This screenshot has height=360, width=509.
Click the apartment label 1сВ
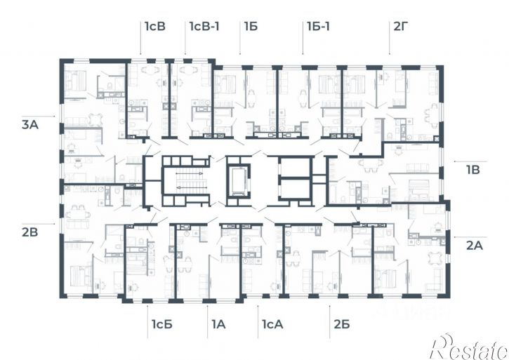(x=155, y=26)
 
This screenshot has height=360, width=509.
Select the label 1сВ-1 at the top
(x=204, y=26)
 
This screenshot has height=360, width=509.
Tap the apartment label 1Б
(x=251, y=26)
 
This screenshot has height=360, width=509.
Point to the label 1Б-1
(x=319, y=26)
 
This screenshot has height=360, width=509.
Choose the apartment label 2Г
(x=401, y=26)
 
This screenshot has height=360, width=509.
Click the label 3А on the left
(x=30, y=125)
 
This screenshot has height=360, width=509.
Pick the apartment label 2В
(x=30, y=232)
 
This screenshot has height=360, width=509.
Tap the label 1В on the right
(x=473, y=170)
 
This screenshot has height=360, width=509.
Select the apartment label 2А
(x=475, y=246)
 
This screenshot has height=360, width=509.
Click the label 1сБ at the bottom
(x=161, y=324)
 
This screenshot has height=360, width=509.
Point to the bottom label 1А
(x=219, y=324)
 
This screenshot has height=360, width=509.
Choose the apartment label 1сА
(x=272, y=324)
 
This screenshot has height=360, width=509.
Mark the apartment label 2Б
(x=342, y=324)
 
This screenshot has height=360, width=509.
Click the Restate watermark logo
(x=469, y=347)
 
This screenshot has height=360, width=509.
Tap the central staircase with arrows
(x=187, y=180)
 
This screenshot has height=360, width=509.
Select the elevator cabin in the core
(x=239, y=180)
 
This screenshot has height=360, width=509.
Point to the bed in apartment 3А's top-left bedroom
(x=76, y=81)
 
